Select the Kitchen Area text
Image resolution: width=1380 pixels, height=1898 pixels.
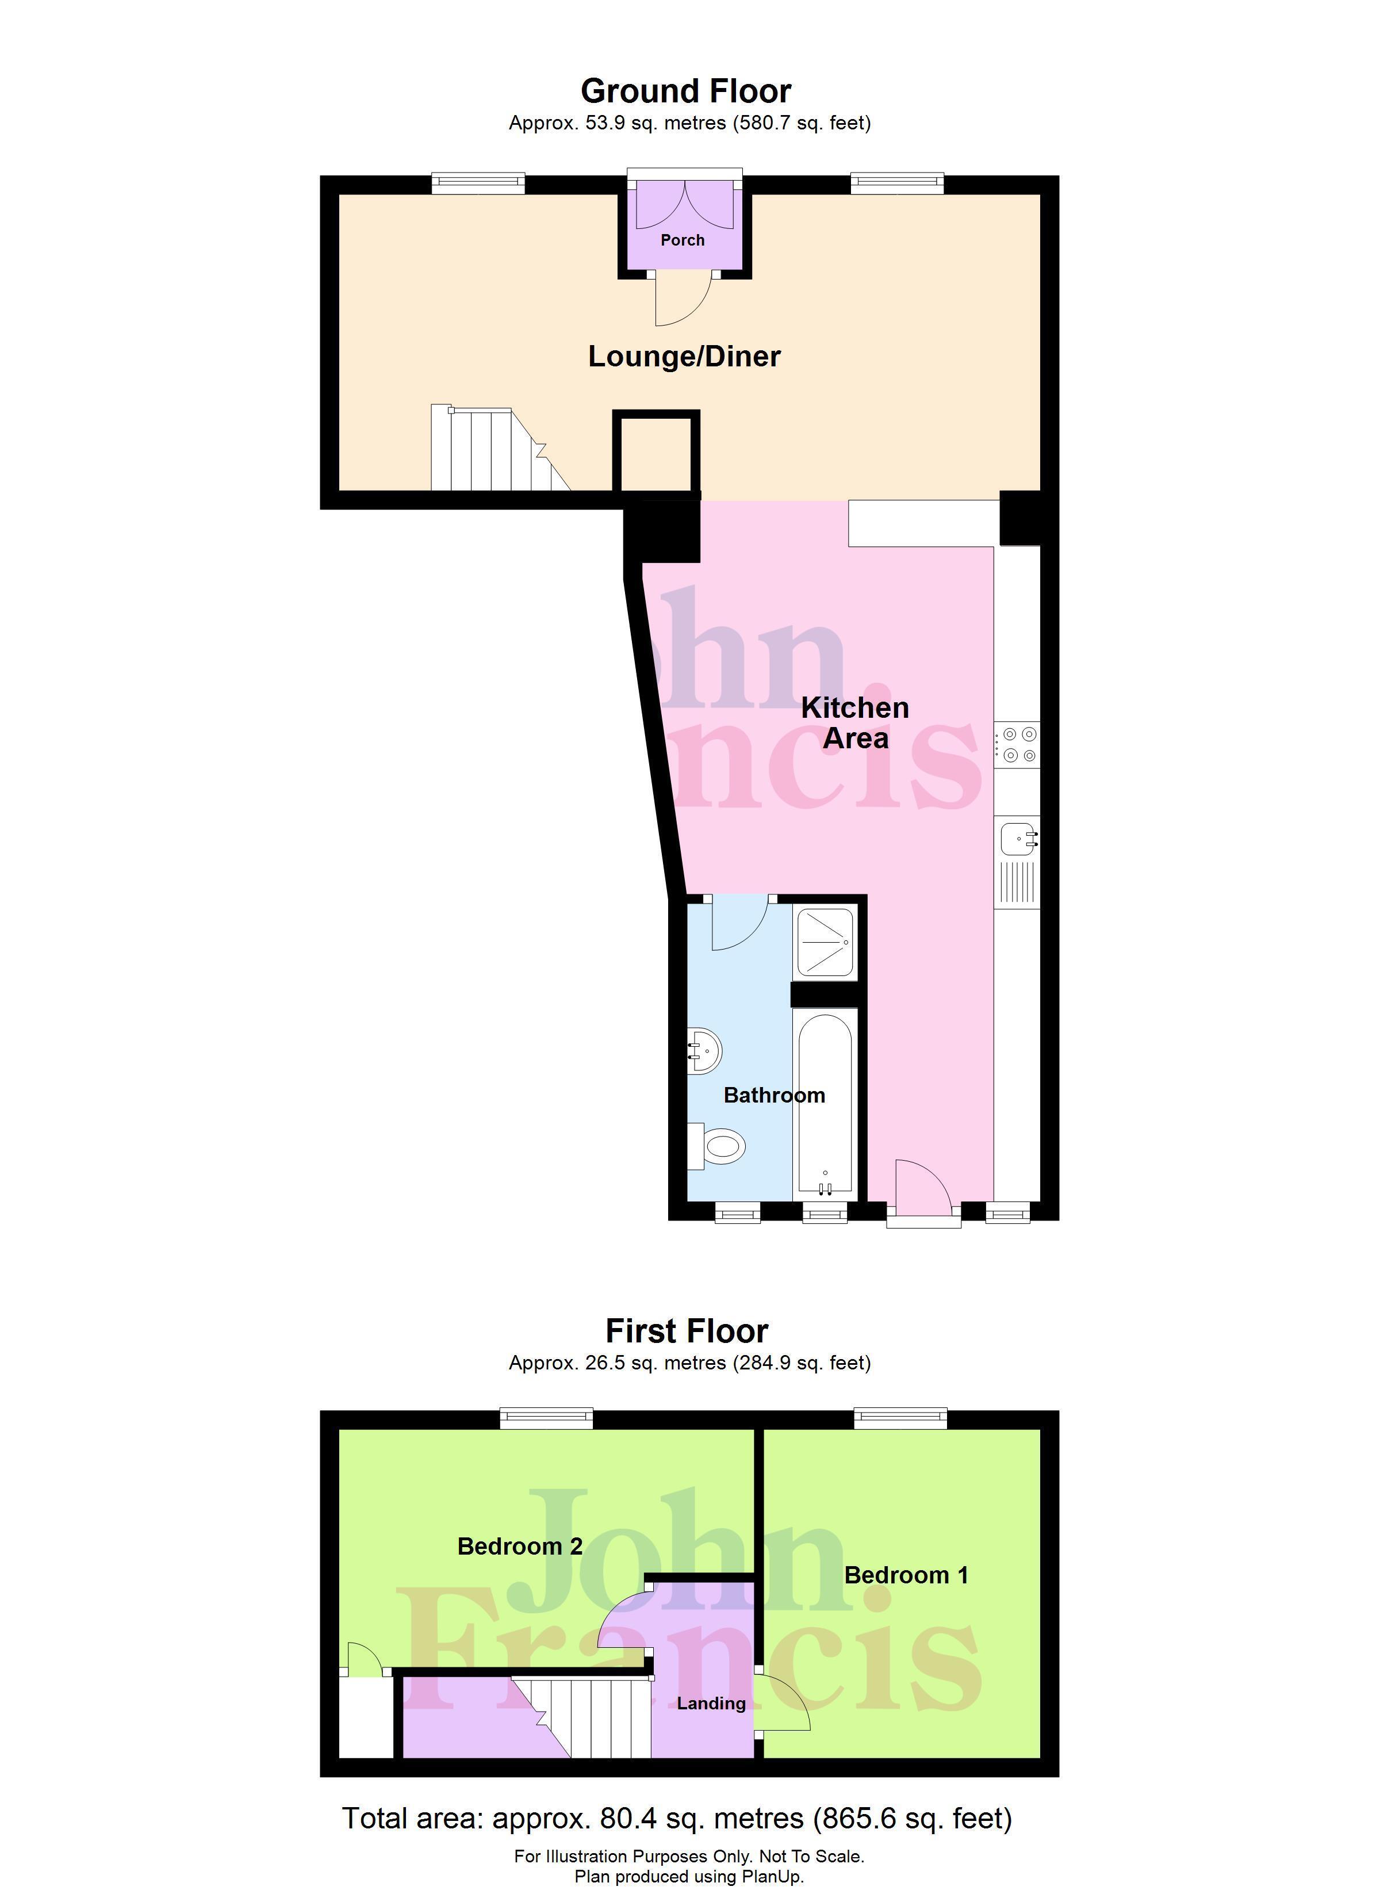(854, 723)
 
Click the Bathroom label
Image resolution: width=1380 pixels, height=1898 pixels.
(774, 1096)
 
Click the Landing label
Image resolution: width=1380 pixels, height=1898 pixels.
(711, 1704)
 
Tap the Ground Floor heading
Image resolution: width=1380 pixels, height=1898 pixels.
(685, 90)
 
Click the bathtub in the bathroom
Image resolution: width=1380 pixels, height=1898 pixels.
(825, 1103)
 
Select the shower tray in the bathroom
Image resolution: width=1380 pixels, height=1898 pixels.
(825, 943)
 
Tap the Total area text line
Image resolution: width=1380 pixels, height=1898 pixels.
(677, 1819)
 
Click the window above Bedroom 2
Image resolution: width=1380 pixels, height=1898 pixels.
(546, 1418)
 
